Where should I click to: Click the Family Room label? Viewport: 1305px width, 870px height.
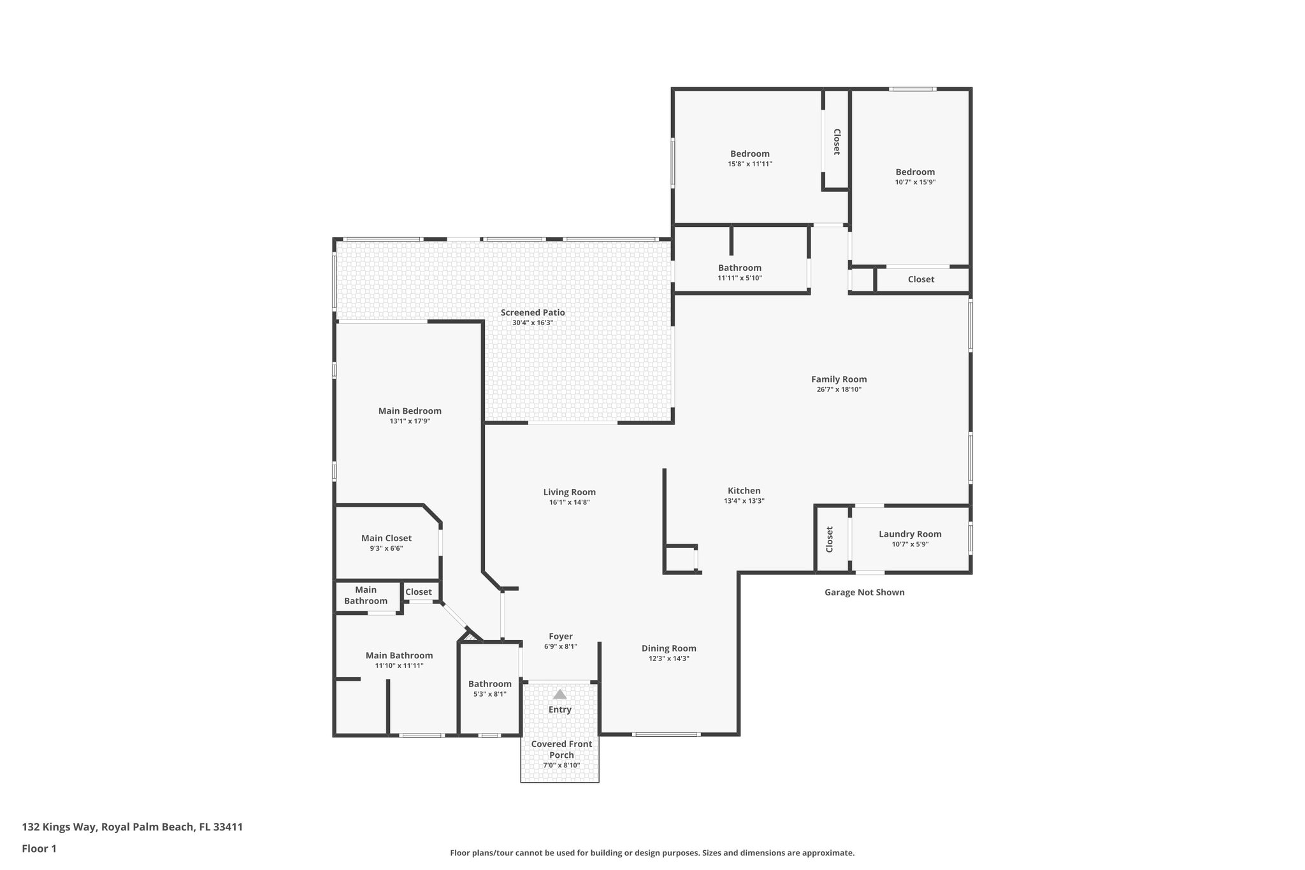tap(839, 379)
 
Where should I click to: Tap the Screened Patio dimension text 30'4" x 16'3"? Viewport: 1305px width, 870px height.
tap(533, 323)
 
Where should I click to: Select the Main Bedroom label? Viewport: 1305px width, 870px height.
tap(410, 411)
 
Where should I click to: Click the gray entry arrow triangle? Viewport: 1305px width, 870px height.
tap(559, 694)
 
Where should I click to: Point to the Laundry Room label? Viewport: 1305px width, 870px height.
tap(910, 534)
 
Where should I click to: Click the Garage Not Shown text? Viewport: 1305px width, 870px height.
tap(864, 592)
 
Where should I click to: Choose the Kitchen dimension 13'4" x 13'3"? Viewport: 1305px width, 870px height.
tap(744, 501)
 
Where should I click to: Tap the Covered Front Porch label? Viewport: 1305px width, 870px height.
tap(561, 749)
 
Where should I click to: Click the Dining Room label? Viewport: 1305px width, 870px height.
tap(668, 648)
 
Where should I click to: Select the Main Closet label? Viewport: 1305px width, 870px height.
tap(386, 538)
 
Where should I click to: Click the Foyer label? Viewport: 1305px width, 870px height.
tap(561, 636)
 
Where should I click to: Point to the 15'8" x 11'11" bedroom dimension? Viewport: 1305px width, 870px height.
tap(750, 164)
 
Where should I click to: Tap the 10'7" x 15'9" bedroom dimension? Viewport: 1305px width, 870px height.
tap(915, 182)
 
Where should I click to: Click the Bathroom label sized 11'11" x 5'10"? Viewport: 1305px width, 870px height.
tap(739, 268)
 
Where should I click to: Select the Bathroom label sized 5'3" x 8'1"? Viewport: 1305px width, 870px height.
tap(489, 684)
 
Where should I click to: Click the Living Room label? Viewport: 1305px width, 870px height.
tap(569, 492)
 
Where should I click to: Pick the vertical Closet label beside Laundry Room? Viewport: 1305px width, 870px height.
tap(830, 539)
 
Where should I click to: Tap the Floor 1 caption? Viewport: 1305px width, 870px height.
tap(39, 848)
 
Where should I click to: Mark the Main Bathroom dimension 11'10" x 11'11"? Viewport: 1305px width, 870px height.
tap(399, 665)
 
